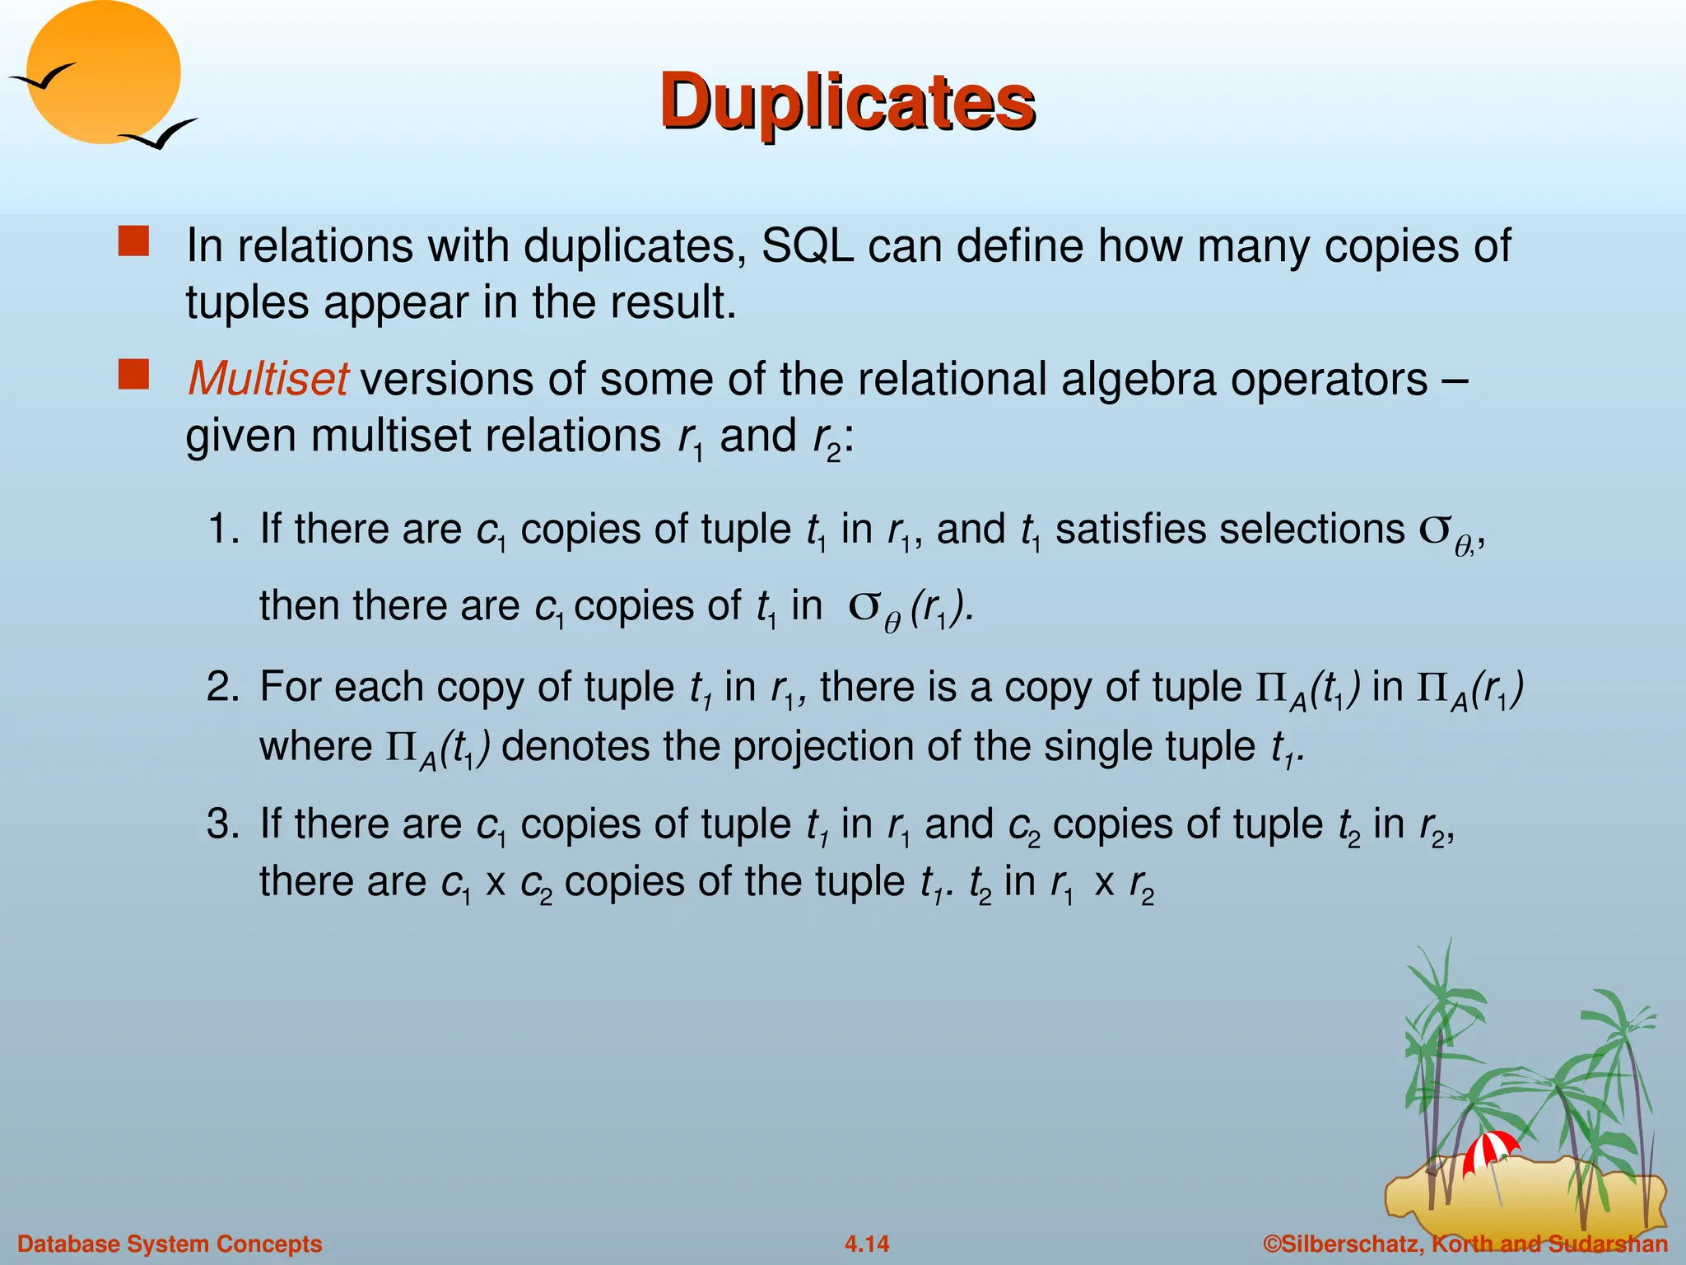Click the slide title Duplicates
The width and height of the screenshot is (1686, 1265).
847,102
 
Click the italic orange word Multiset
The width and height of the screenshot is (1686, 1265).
268,379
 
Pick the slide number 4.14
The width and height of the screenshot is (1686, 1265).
867,1244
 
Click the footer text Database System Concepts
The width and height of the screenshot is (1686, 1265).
170,1244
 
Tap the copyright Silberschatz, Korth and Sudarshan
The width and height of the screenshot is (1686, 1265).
1465,1244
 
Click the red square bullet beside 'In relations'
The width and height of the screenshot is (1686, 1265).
133,243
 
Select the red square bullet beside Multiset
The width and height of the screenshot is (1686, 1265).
133,376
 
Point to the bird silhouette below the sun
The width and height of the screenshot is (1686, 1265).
158,133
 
